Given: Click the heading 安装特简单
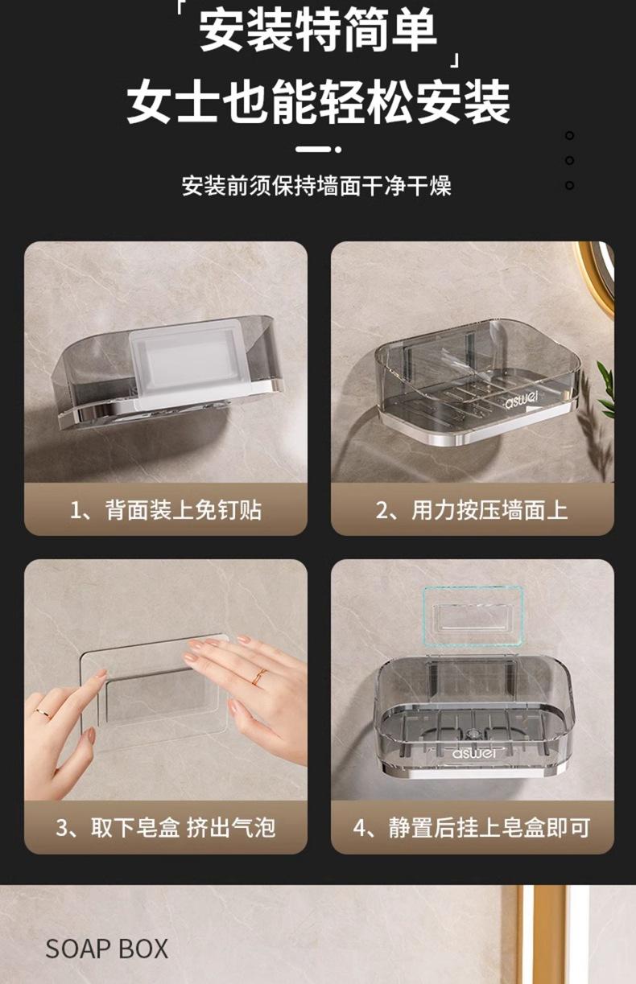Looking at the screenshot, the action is (318, 31).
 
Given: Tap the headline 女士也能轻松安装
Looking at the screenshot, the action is (318, 102).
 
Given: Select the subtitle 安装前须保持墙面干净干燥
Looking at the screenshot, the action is (316, 186).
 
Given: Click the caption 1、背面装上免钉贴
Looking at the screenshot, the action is (166, 510).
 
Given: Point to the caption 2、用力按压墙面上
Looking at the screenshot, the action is (472, 510).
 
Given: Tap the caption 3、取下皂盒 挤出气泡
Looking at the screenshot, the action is (166, 828).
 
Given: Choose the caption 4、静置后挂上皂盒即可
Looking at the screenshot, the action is (472, 828).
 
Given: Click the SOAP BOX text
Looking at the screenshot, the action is (107, 949).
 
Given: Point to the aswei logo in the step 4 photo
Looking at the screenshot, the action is (473, 753).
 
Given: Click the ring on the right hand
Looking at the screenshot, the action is (259, 676).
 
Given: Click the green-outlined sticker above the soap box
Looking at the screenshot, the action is (473, 616).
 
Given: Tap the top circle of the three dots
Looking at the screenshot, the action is (570, 136).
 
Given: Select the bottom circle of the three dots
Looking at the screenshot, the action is (570, 185).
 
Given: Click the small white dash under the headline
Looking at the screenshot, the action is (313, 149).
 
